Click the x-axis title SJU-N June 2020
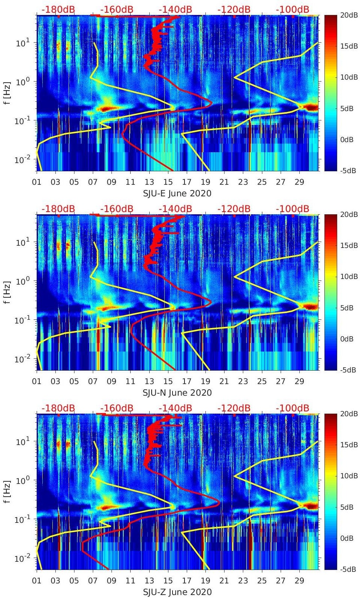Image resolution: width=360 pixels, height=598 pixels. click(177, 393)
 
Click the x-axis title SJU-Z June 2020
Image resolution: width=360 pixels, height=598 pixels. click(177, 592)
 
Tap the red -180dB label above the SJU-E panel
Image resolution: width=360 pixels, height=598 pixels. click(58, 9)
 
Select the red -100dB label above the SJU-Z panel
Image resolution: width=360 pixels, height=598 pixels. click(292, 408)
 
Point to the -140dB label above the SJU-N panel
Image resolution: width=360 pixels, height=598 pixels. click(175, 209)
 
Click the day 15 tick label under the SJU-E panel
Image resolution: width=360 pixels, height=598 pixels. click(168, 182)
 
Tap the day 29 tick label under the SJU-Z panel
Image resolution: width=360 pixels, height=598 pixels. click(299, 581)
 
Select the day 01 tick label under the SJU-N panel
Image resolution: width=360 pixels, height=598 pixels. click(37, 381)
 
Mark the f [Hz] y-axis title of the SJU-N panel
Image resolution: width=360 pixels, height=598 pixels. click(8, 292)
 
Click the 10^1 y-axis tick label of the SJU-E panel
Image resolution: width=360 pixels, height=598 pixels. click(22, 43)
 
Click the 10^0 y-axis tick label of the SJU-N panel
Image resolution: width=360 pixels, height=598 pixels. click(22, 281)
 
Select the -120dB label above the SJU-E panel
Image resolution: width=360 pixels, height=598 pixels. click(234, 9)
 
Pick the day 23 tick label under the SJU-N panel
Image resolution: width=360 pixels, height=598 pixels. click(243, 381)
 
